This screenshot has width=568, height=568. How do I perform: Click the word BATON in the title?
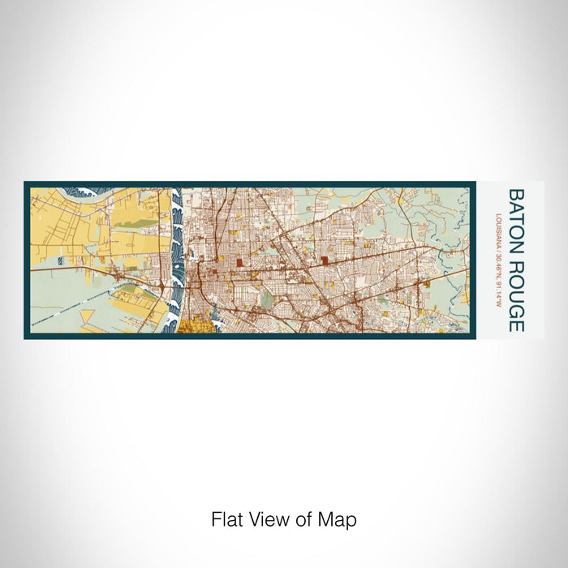[516, 217]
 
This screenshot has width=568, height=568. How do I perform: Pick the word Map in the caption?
[338, 519]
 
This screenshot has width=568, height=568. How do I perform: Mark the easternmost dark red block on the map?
[325, 260]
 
